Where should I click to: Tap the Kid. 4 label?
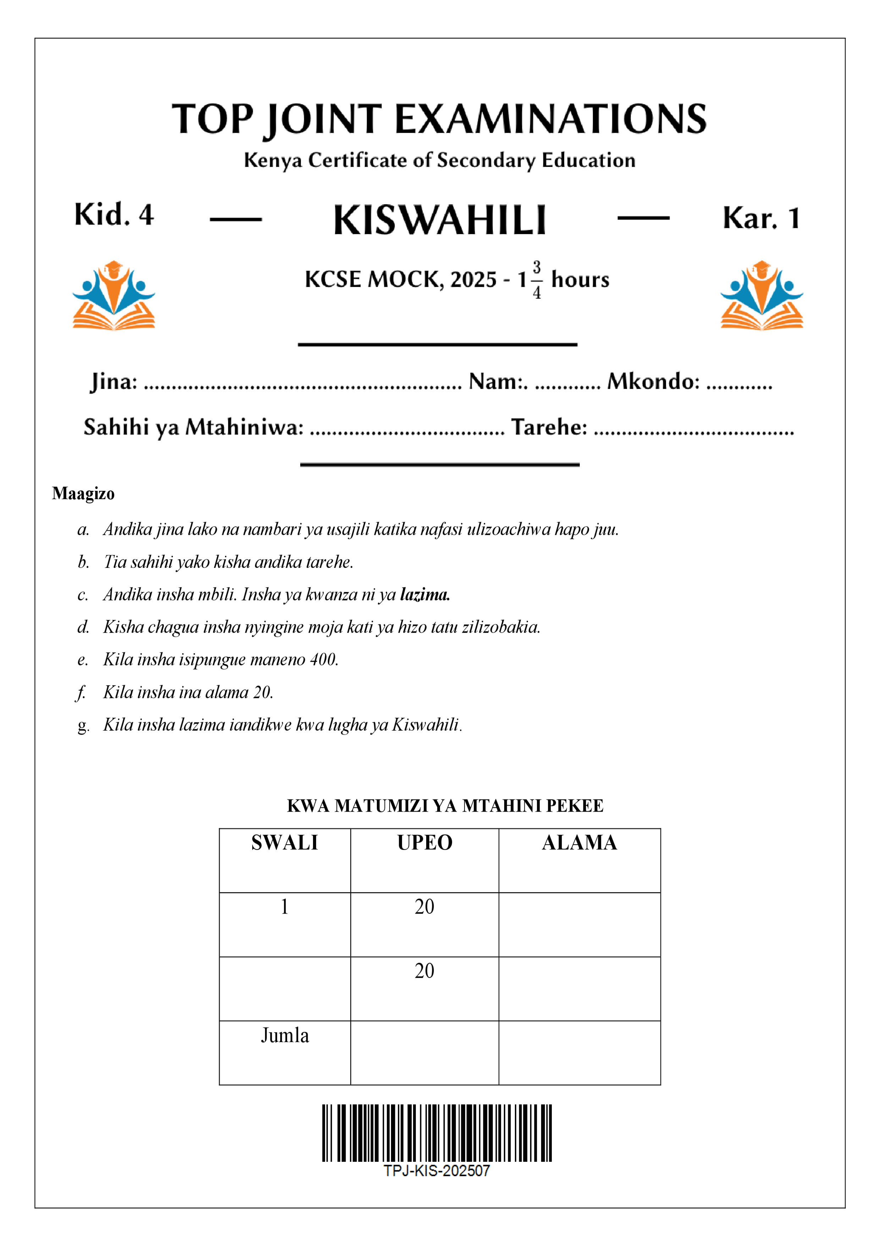click(114, 215)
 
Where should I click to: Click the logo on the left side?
click(114, 296)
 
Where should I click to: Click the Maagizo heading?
click(83, 494)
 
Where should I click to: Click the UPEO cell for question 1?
click(424, 907)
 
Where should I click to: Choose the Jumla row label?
click(285, 1035)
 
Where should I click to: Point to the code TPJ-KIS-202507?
click(437, 1171)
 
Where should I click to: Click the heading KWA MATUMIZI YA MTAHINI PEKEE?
click(445, 806)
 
